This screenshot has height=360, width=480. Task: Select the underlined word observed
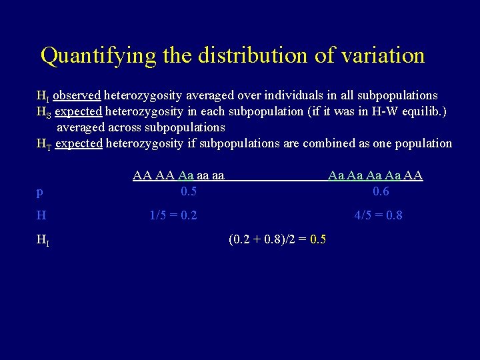click(77, 95)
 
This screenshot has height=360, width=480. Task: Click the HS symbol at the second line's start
click(43, 111)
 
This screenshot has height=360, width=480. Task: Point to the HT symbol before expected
click(43, 144)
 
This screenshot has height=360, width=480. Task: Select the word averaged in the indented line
click(83, 127)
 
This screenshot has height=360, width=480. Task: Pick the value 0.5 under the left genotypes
click(189, 191)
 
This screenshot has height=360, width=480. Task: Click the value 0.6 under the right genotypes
click(381, 191)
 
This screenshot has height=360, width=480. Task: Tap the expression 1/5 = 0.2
click(173, 215)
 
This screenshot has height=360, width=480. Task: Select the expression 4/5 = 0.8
click(378, 215)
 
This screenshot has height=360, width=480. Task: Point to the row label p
click(40, 193)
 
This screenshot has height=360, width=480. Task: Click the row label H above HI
click(41, 215)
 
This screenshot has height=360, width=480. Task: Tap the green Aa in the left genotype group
click(186, 176)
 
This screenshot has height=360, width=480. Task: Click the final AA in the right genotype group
click(413, 176)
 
